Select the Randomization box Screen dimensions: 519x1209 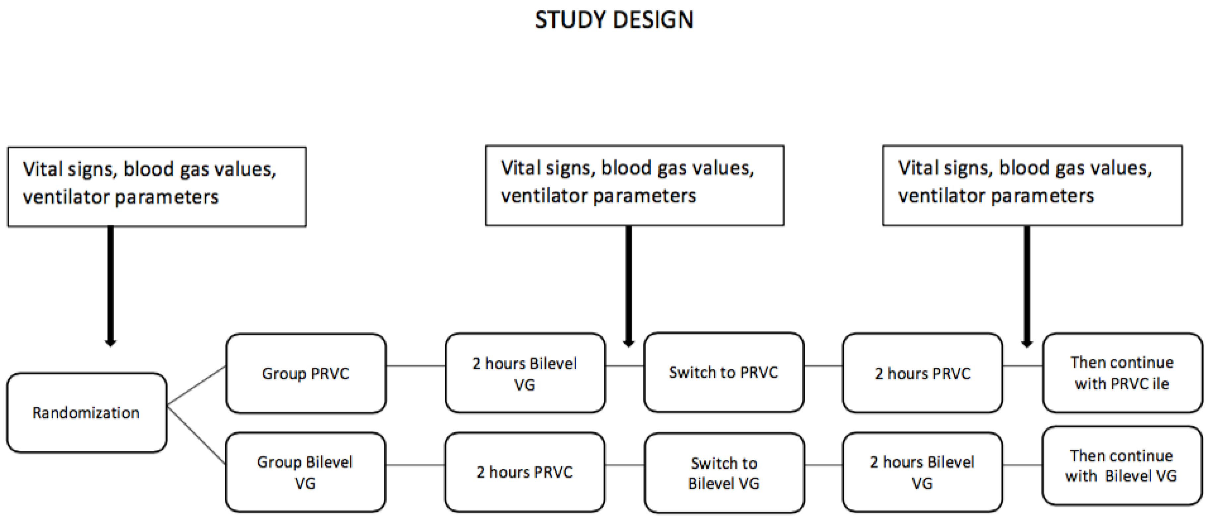tap(87, 412)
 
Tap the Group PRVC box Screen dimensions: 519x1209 tap(306, 374)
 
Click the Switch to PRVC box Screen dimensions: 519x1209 tap(723, 372)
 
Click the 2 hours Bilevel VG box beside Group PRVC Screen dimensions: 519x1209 tap(525, 374)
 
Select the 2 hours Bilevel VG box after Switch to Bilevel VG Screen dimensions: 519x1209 tap(922, 472)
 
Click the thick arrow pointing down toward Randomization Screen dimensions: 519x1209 tap(111, 286)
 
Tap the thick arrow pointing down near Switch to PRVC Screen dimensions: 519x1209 tap(629, 286)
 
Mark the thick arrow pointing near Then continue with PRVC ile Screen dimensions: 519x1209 tap(1027, 286)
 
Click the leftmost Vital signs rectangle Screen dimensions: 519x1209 tap(157, 187)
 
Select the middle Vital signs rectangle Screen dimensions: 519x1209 tap(634, 185)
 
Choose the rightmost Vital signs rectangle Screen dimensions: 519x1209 tap(1032, 185)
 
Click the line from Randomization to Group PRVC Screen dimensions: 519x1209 tap(196, 386)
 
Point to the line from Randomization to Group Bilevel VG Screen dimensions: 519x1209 tap(196, 435)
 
